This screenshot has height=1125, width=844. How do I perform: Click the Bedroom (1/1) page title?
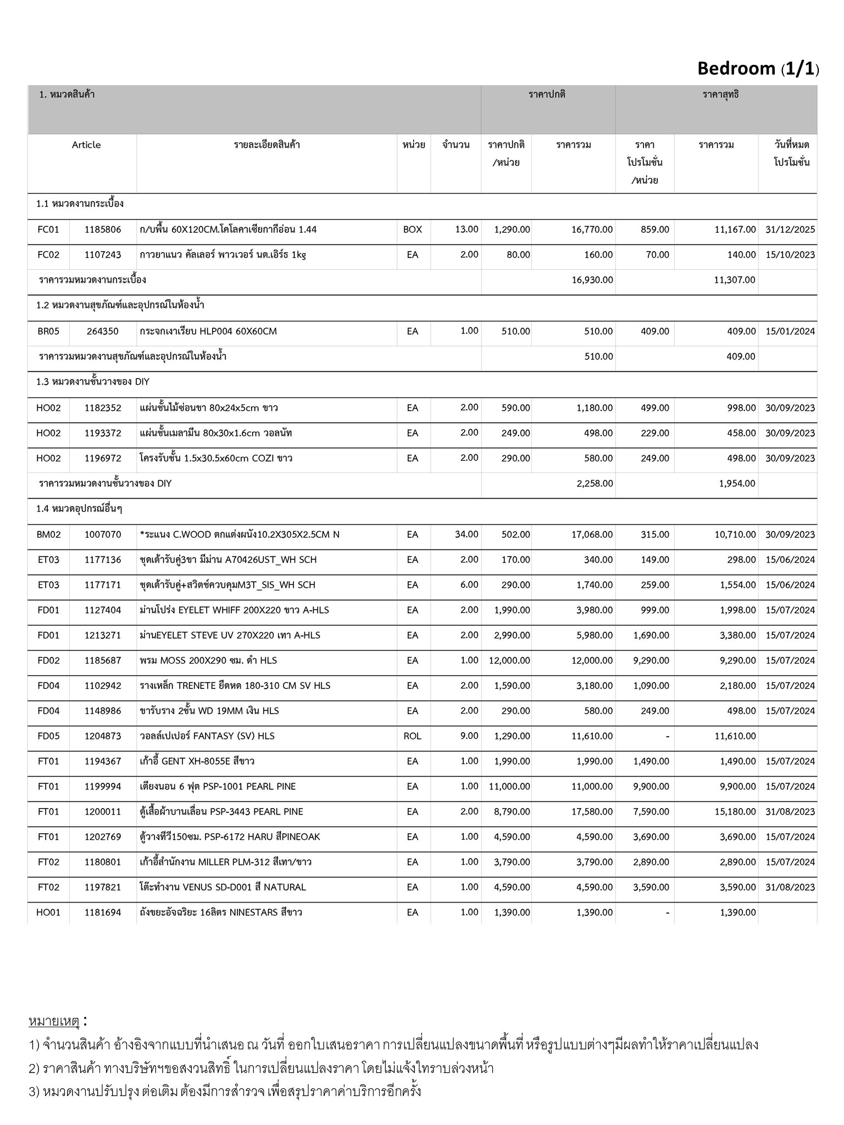coord(758,69)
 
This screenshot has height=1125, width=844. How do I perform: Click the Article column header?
coord(86,145)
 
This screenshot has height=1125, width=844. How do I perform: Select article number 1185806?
coord(103,230)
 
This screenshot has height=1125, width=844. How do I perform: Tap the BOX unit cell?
coord(413,230)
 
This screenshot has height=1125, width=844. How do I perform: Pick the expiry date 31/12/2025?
coord(790,230)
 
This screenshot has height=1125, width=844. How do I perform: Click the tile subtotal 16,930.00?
coord(592,280)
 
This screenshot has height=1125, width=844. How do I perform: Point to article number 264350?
coord(103,331)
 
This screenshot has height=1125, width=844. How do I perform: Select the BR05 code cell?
coord(48,331)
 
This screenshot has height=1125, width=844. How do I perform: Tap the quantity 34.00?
coord(466,534)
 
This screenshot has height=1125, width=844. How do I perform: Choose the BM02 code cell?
coord(48,534)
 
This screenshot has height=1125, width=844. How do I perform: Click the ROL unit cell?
coord(413,736)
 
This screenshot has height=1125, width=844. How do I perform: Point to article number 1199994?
coord(103,787)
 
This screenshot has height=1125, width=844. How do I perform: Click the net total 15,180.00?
coord(735,812)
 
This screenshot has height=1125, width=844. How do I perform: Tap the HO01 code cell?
coord(48,912)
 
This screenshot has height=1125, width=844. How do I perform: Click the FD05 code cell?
coord(48,736)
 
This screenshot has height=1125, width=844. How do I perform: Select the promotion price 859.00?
coord(655,230)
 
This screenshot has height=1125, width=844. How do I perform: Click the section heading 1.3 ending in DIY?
coord(93,382)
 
